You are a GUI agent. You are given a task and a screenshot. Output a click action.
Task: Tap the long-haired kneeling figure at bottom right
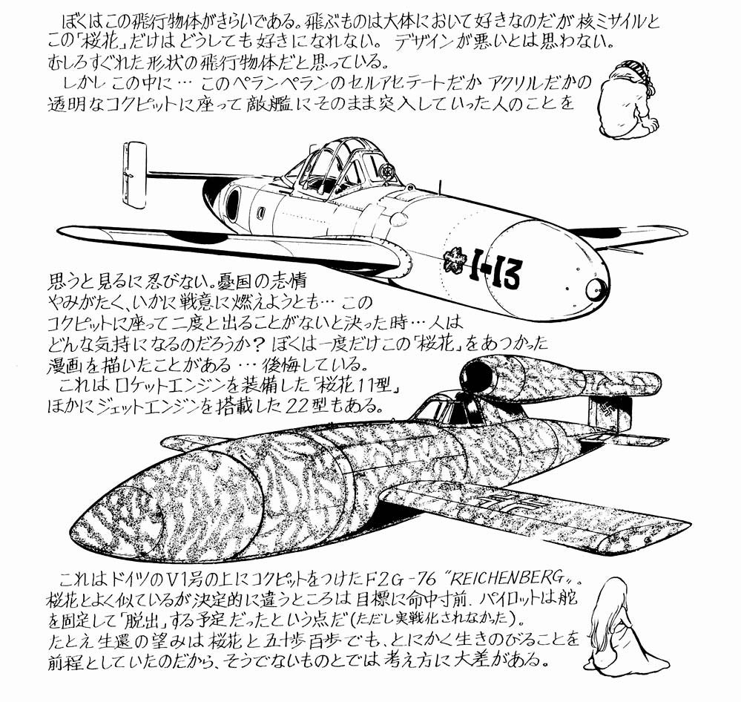[624, 624]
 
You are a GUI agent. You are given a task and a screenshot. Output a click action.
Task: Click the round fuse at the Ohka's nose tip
[596, 289]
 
